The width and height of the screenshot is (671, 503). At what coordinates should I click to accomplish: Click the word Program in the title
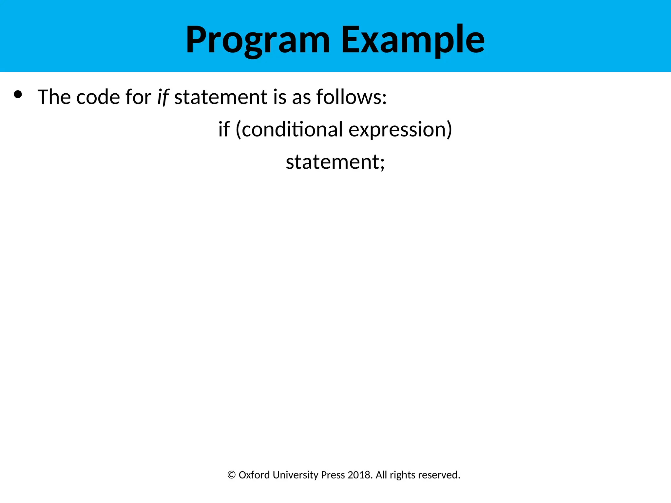click(x=258, y=40)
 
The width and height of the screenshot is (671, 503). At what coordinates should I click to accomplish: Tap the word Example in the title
click(x=412, y=40)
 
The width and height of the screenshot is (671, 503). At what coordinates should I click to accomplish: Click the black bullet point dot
click(x=18, y=95)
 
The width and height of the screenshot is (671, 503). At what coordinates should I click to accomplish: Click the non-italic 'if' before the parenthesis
click(x=224, y=129)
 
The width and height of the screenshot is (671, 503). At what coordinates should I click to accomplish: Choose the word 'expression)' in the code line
click(x=400, y=129)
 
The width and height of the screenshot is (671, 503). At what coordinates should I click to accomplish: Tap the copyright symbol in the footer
click(x=232, y=475)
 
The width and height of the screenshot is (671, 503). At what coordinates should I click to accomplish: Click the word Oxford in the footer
click(x=254, y=475)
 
